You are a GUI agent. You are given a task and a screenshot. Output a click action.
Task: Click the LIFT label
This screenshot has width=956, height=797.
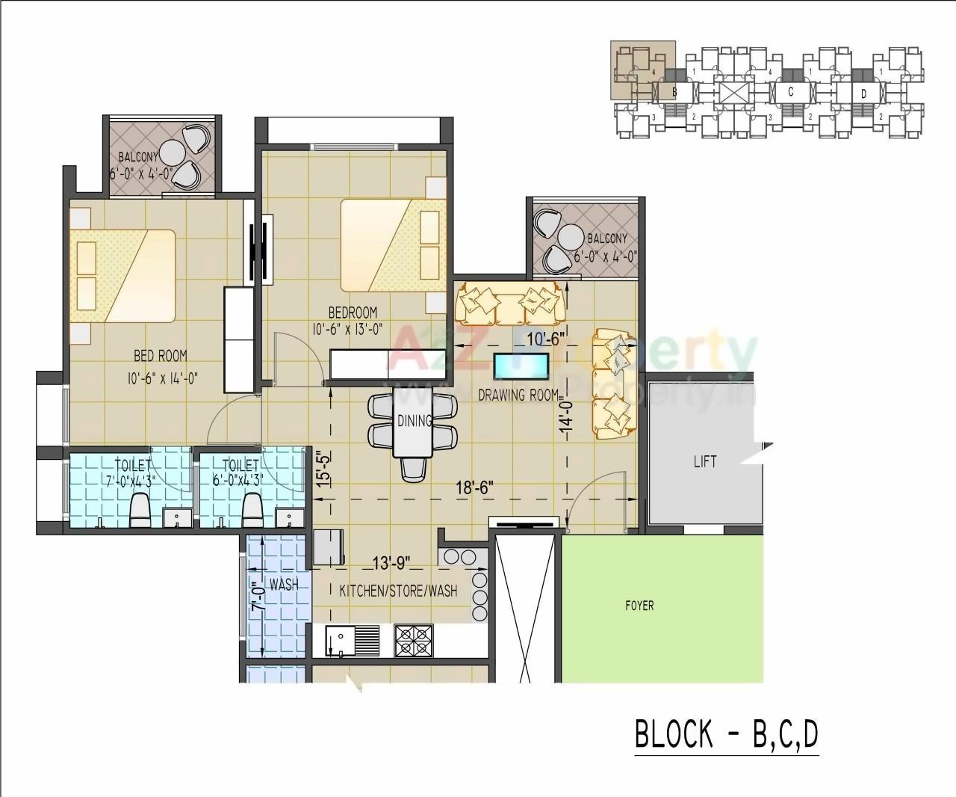(x=705, y=461)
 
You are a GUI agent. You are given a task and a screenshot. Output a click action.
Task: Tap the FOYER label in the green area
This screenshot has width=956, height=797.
(x=639, y=606)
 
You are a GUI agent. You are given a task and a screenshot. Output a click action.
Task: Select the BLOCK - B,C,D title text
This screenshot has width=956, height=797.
(x=727, y=734)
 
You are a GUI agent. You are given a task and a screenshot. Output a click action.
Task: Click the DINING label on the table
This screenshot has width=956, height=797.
(x=414, y=421)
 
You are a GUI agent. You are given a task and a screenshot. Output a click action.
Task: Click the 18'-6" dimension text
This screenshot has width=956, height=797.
(x=475, y=488)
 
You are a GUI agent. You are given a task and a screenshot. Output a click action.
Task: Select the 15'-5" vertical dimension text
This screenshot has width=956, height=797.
(x=320, y=470)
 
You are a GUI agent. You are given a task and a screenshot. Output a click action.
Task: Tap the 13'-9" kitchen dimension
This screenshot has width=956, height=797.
(x=391, y=563)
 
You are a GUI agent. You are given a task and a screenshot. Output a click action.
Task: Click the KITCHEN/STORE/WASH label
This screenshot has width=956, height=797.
(x=398, y=591)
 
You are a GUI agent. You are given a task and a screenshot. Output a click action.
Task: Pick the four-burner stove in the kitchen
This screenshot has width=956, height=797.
(x=414, y=641)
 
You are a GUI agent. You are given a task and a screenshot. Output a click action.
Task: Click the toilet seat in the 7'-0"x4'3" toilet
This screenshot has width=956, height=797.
(x=140, y=511)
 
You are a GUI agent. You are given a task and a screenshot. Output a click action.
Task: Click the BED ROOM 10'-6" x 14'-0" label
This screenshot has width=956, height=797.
(x=161, y=366)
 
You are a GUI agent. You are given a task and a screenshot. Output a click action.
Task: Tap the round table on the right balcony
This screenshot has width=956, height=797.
(x=572, y=237)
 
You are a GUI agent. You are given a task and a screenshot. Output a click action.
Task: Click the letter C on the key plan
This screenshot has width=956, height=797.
(x=791, y=92)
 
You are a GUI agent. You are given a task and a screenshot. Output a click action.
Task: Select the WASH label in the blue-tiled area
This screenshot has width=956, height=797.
(x=283, y=585)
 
